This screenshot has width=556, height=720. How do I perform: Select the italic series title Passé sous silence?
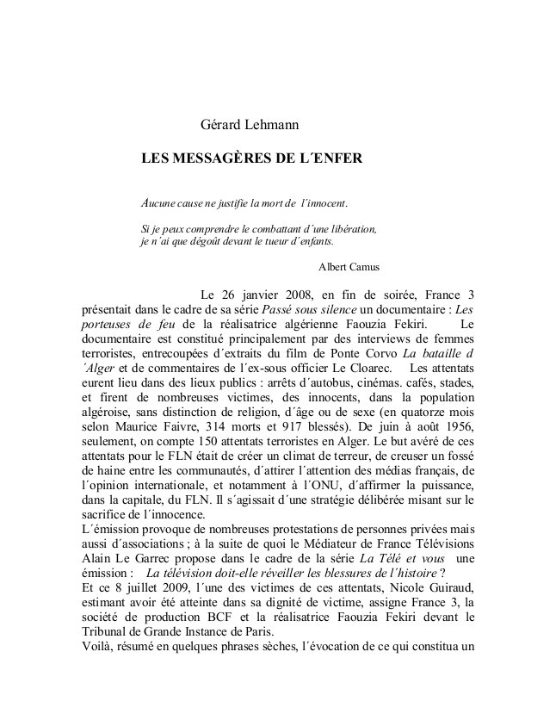pos(306,309)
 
